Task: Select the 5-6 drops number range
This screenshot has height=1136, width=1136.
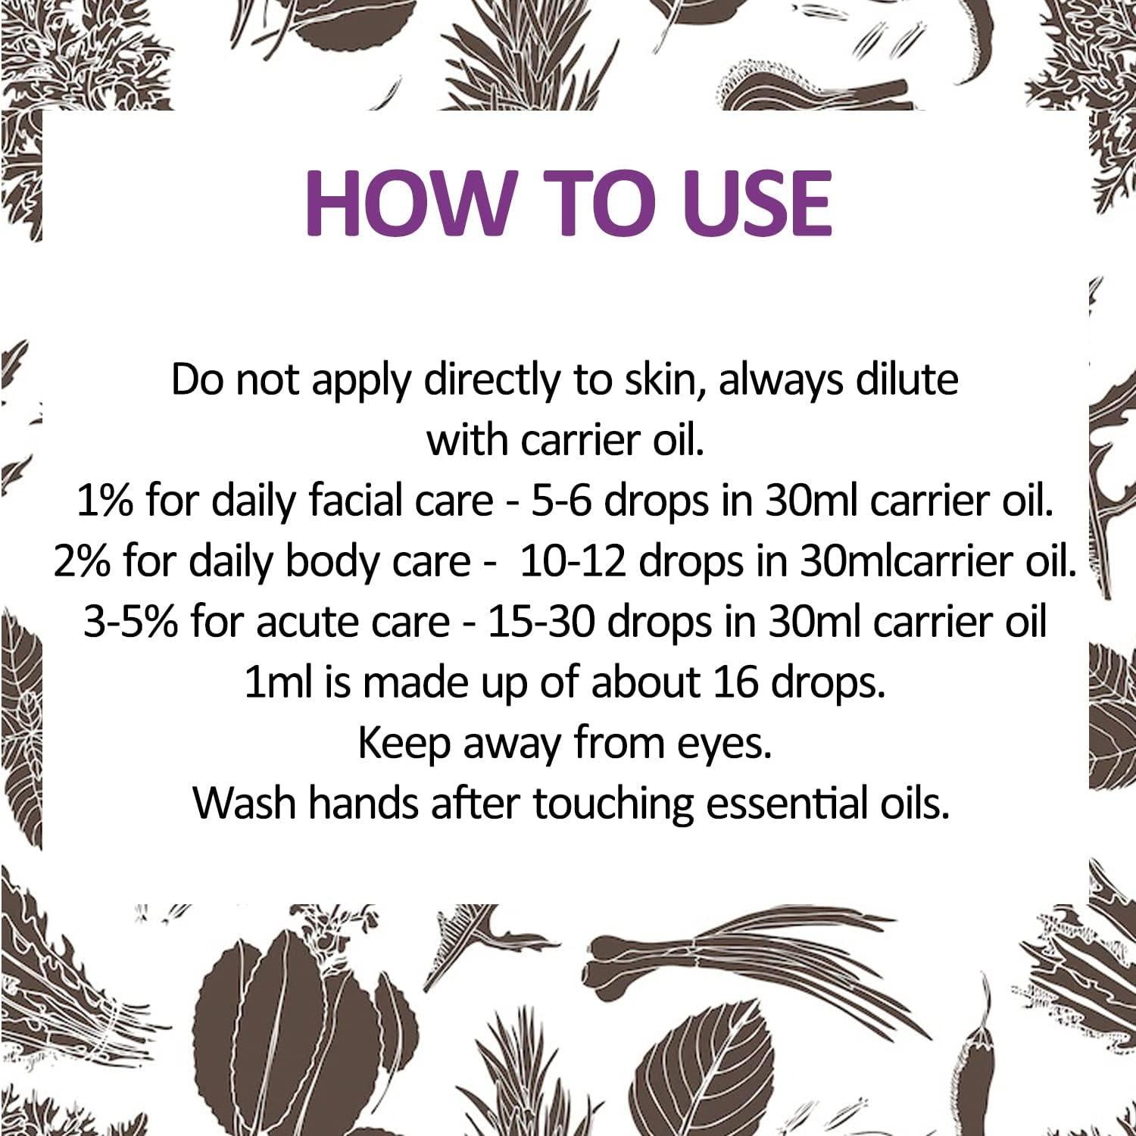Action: click(558, 501)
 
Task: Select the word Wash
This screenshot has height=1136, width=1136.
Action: click(244, 804)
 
